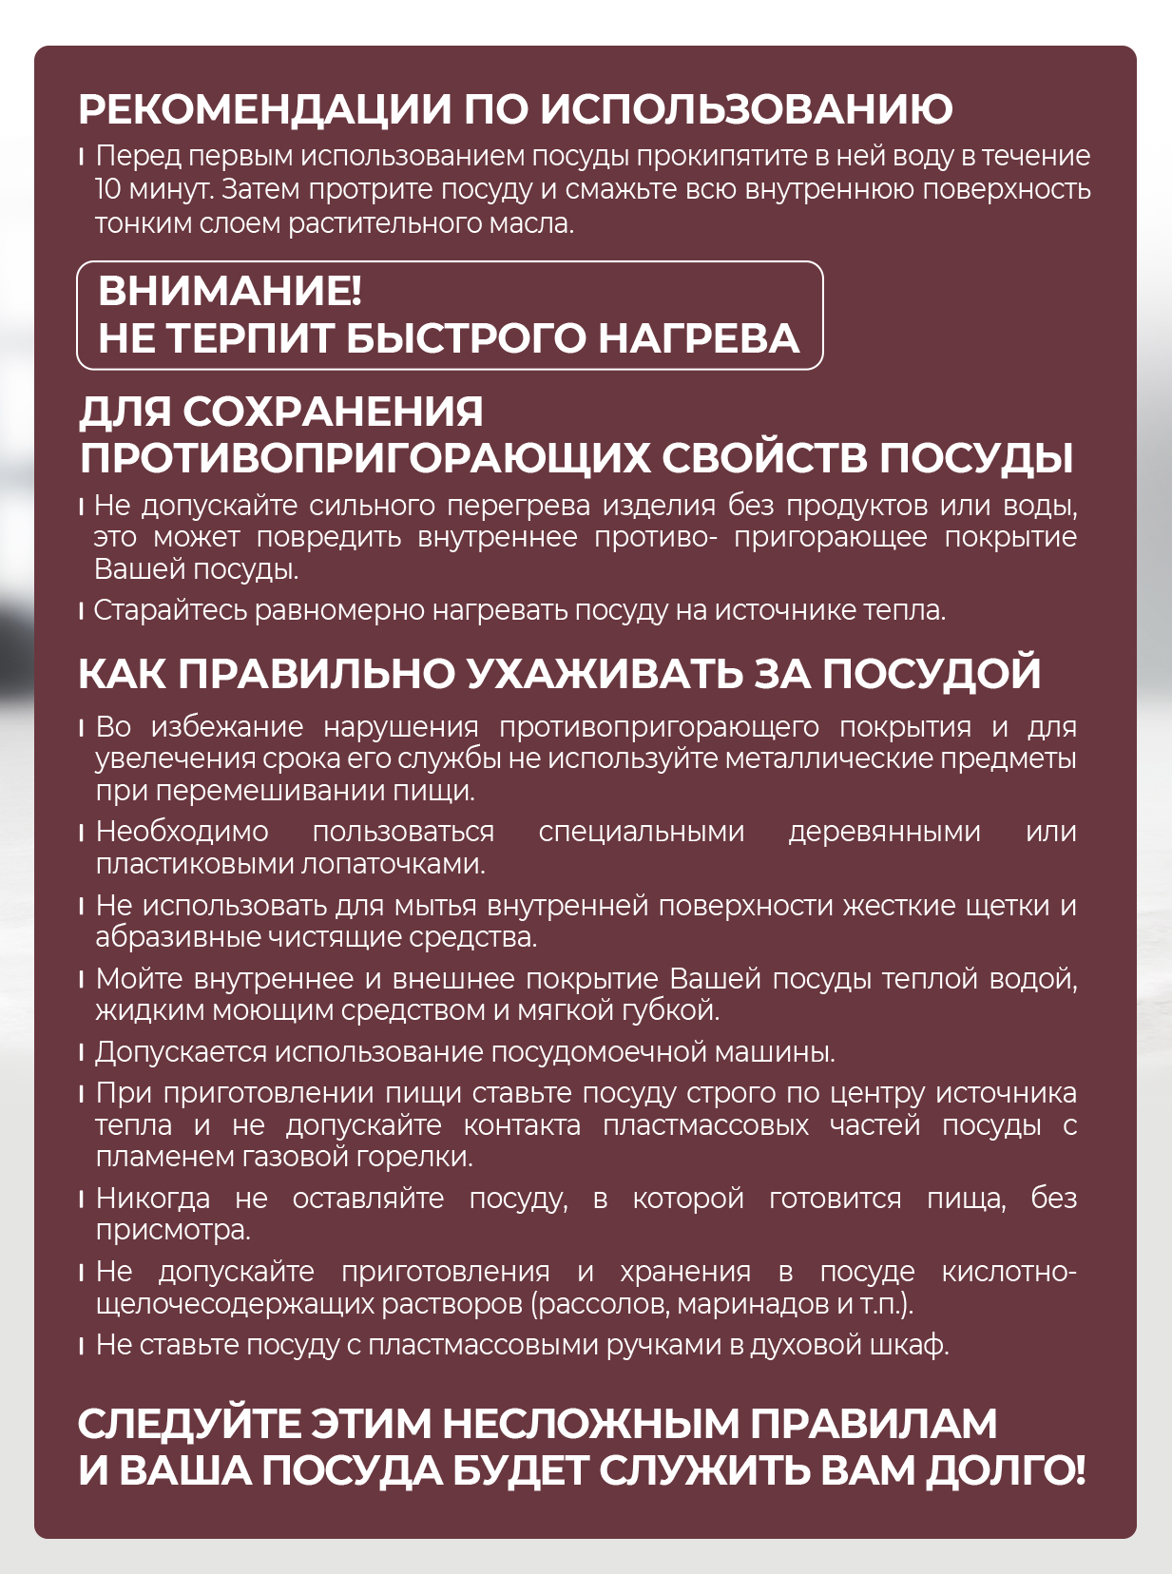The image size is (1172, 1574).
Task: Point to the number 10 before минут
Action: click(108, 190)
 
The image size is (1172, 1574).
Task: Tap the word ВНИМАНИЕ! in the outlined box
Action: click(229, 291)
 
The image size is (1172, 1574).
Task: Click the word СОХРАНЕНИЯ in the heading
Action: click(333, 412)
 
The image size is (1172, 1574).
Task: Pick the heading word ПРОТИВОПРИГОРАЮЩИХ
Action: click(364, 457)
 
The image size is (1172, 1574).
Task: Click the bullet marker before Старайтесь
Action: click(83, 611)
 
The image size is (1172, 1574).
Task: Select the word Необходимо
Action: click(182, 832)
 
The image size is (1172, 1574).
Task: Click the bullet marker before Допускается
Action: click(83, 1053)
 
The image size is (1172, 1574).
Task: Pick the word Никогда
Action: click(152, 1199)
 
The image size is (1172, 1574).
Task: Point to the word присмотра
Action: click(172, 1231)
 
